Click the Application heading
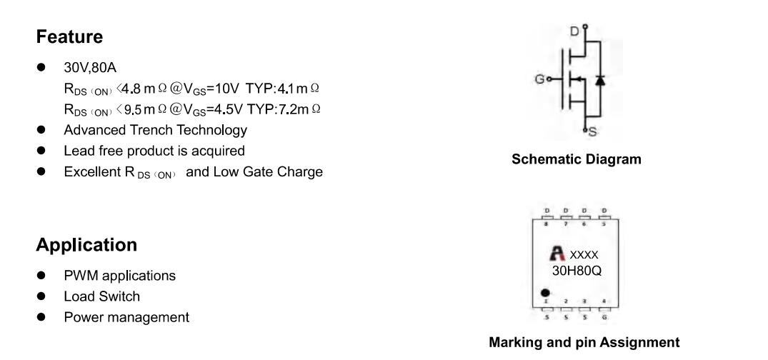(86, 245)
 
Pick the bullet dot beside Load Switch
(44, 296)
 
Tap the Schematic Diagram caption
(577, 160)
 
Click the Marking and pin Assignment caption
(584, 343)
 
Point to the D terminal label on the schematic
(573, 31)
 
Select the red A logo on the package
(556, 253)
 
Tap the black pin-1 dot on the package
(546, 292)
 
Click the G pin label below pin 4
(604, 316)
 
